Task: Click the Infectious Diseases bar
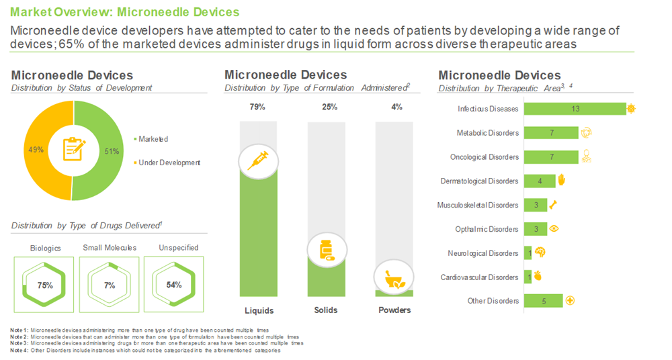pyautogui.click(x=574, y=109)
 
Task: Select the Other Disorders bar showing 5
pyautogui.click(x=544, y=301)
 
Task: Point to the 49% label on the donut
pyautogui.click(x=36, y=149)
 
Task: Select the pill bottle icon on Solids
pyautogui.click(x=326, y=250)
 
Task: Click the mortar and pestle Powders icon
pyautogui.click(x=392, y=277)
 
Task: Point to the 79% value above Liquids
pyautogui.click(x=258, y=107)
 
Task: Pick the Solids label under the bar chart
pyautogui.click(x=326, y=310)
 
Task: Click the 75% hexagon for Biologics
pyautogui.click(x=45, y=285)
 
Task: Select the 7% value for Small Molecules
pyautogui.click(x=110, y=285)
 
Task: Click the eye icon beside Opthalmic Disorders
pyautogui.click(x=554, y=229)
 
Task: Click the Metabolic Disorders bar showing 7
pyautogui.click(x=550, y=133)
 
